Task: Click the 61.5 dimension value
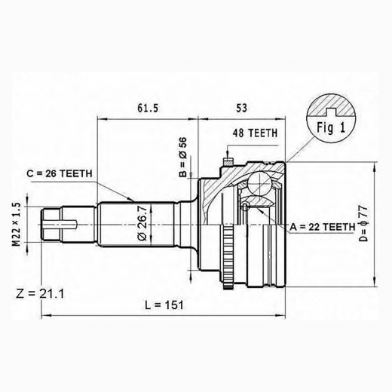tap(148, 108)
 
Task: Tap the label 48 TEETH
tap(255, 133)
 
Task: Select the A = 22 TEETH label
tap(322, 225)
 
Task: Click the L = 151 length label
tap(163, 304)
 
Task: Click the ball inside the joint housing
tap(260, 184)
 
